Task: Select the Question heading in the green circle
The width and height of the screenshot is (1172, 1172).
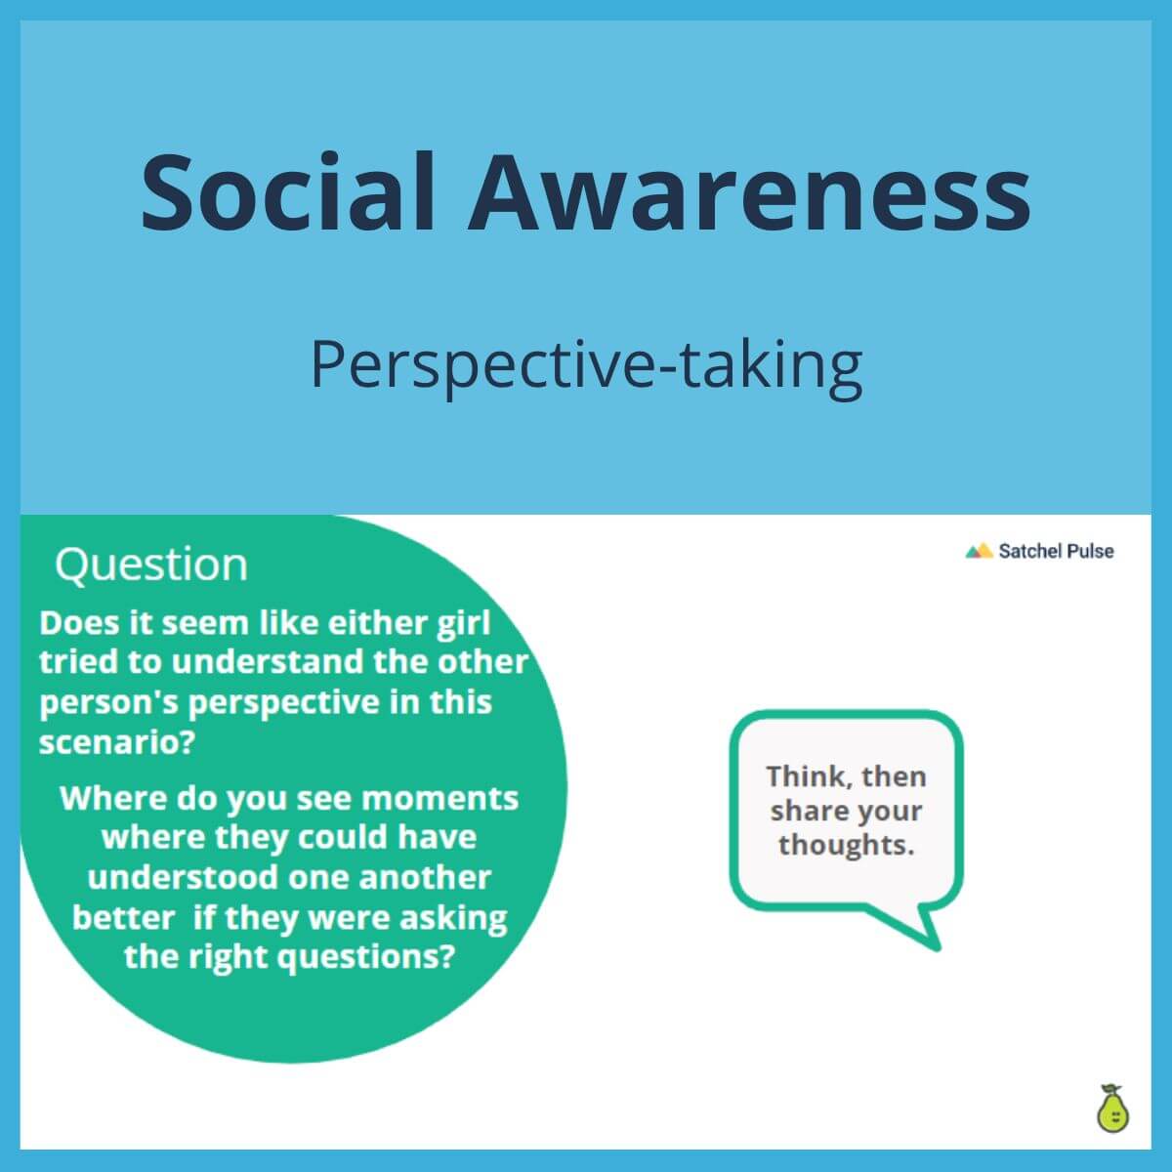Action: (x=151, y=565)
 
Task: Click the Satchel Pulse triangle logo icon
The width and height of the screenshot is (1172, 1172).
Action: (x=979, y=551)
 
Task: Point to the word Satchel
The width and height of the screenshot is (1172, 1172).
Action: (x=1029, y=551)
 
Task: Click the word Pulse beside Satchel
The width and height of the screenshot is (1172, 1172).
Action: (x=1090, y=551)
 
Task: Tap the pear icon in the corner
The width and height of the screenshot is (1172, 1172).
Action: (x=1110, y=1109)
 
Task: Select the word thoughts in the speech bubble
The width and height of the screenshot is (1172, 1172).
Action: (x=846, y=845)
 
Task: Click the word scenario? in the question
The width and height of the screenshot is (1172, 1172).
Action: (x=116, y=742)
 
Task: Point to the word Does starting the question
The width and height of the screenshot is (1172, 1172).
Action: (x=79, y=623)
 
